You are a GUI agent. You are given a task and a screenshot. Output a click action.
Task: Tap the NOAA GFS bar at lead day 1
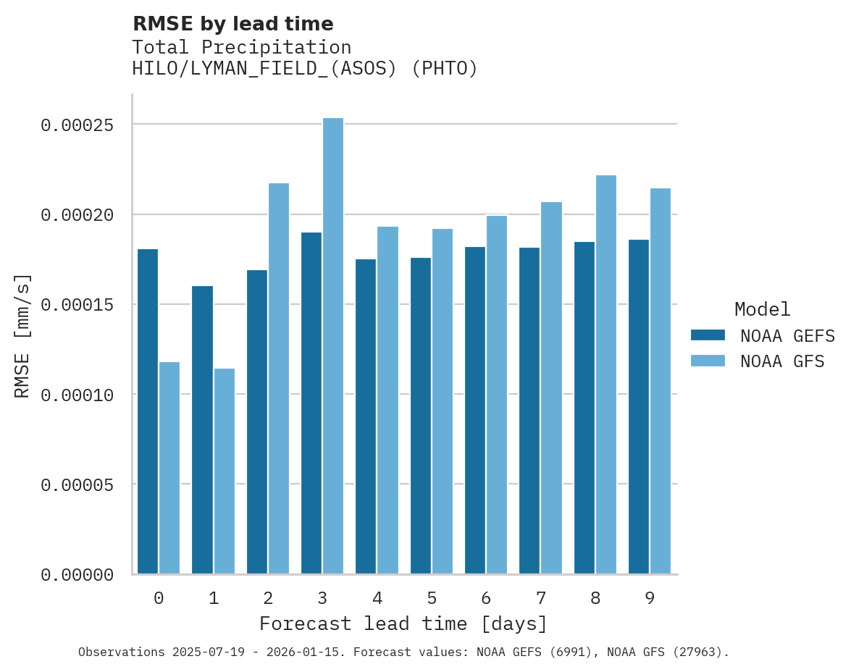point(225,471)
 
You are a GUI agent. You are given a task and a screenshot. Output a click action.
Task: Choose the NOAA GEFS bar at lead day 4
point(366,416)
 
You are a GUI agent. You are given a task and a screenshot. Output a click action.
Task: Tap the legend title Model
point(762,309)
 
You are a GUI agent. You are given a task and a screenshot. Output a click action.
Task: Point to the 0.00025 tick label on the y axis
point(77,125)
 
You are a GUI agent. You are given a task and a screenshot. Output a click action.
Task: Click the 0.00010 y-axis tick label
point(77,395)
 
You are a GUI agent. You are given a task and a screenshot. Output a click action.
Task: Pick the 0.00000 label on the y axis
point(77,575)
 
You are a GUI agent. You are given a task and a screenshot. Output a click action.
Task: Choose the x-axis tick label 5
point(432,598)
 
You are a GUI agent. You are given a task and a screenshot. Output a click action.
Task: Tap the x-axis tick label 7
point(541,598)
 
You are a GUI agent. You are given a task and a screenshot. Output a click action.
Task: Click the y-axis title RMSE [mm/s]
point(23,335)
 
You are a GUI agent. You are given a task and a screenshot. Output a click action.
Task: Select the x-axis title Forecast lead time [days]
point(403,623)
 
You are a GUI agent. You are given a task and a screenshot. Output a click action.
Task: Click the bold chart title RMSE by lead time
point(232,24)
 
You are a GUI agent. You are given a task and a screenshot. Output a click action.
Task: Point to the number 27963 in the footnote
point(697,652)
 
